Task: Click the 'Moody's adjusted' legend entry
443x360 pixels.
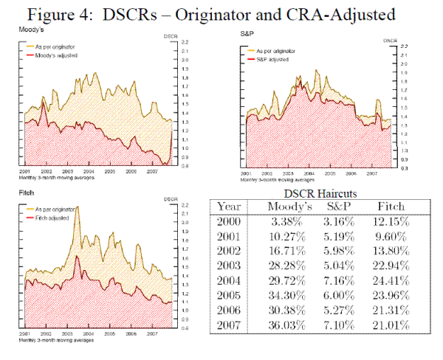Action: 56,55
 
